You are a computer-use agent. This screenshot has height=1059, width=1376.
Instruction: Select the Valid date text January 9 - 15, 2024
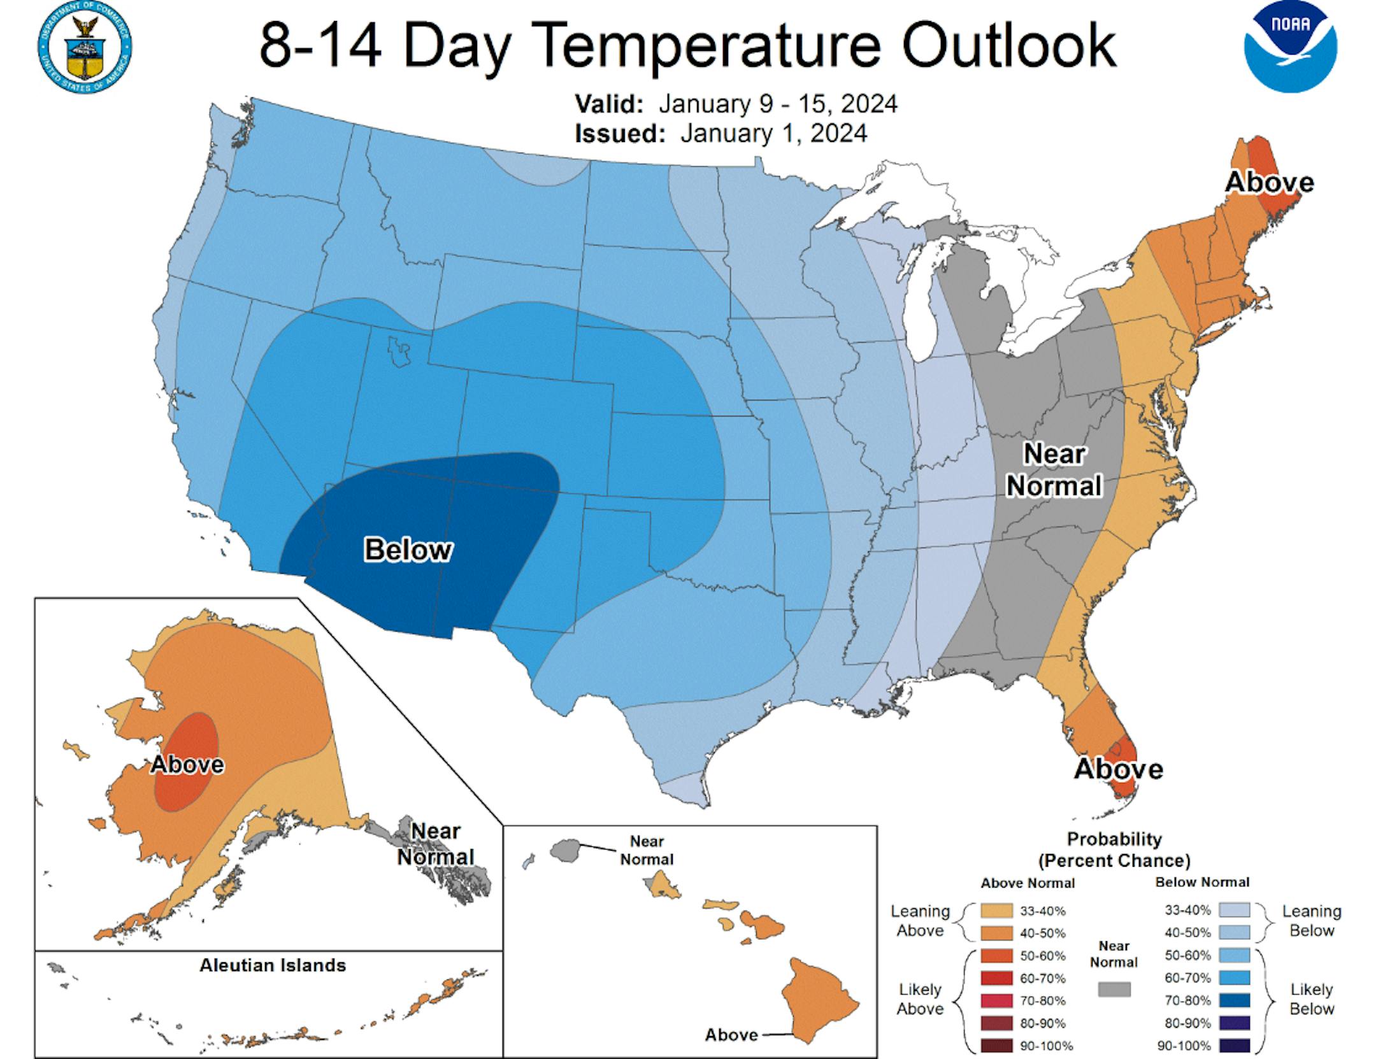[777, 104]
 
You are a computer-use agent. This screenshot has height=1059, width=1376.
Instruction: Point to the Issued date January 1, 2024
[773, 134]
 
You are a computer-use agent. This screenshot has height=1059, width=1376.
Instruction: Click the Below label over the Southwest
[408, 550]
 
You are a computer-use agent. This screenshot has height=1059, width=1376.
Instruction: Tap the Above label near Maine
[1269, 183]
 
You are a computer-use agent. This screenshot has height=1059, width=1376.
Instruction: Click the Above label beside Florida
[1118, 769]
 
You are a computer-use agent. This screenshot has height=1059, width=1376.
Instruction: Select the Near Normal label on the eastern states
[1054, 470]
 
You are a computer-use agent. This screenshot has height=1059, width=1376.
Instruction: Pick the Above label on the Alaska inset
[187, 764]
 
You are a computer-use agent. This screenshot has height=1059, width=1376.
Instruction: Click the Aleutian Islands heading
[273, 965]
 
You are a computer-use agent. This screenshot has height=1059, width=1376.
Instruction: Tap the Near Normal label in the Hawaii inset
[647, 850]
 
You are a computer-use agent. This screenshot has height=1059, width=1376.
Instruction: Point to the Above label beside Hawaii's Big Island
[731, 1035]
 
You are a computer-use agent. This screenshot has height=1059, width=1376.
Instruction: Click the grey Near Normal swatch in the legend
[1114, 989]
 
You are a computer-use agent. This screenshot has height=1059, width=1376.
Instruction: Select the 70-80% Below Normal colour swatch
[1234, 1000]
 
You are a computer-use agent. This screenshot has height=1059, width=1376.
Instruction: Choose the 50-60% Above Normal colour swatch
[997, 956]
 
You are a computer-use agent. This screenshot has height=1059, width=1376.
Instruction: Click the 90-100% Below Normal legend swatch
[1234, 1046]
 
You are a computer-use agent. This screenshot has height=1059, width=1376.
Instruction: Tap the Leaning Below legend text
[1311, 921]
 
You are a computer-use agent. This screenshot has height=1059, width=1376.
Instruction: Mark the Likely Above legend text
[920, 999]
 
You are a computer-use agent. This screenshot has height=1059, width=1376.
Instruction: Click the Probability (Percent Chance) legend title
[1114, 849]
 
